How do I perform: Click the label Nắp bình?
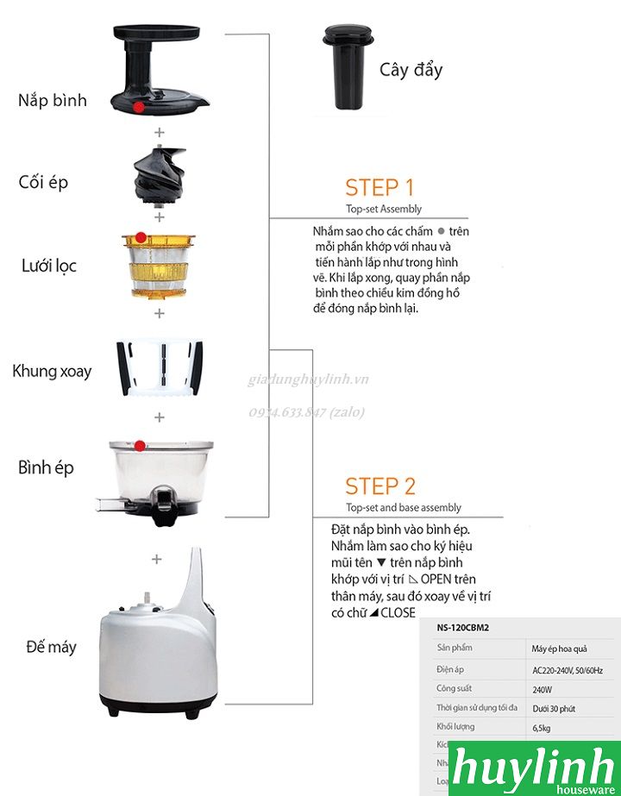tap(53, 100)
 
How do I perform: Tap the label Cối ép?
tap(43, 183)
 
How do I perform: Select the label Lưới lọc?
tap(49, 266)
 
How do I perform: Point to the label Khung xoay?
tap(52, 372)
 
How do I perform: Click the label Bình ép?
tap(47, 468)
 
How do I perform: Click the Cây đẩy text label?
tap(411, 69)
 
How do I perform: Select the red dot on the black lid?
tap(139, 106)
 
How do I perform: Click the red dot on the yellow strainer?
tap(141, 237)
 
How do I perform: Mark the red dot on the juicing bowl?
tap(140, 446)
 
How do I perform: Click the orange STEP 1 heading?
tap(379, 188)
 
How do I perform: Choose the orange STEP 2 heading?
tap(379, 486)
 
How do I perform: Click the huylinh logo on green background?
tap(534, 768)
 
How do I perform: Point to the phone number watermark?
tap(306, 412)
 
